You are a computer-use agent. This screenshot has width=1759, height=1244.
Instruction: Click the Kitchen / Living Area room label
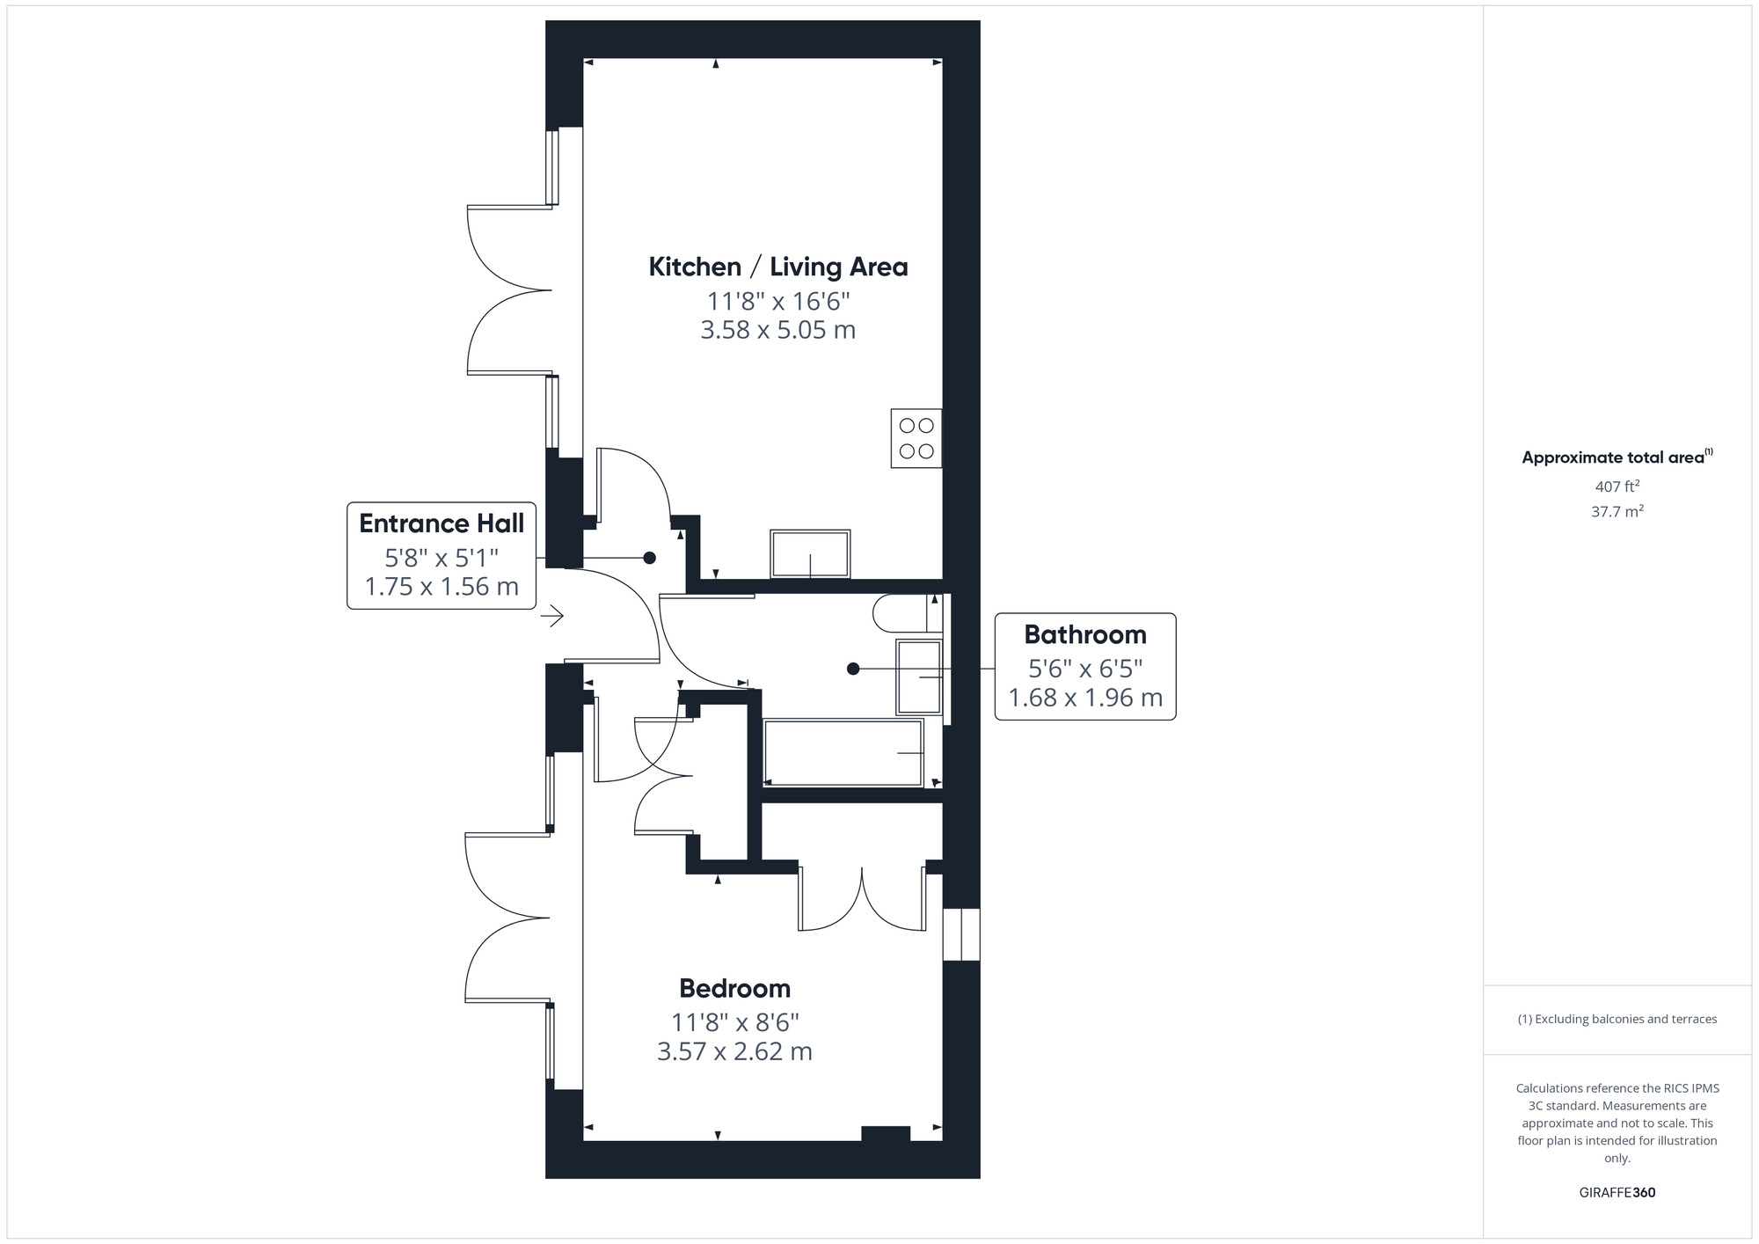click(x=778, y=267)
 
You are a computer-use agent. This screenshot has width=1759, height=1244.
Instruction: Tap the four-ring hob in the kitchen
click(x=916, y=438)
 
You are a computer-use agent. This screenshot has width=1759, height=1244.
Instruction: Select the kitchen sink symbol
click(x=810, y=553)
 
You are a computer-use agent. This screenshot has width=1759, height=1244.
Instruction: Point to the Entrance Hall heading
click(x=442, y=523)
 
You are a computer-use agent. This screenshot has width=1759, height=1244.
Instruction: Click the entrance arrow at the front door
click(x=551, y=616)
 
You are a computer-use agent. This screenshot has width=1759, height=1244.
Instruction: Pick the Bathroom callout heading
click(x=1085, y=634)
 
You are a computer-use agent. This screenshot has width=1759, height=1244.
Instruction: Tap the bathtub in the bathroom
click(x=843, y=753)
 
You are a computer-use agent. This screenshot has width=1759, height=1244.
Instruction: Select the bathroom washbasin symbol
click(x=919, y=677)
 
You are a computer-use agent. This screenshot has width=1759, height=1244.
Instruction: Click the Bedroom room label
click(x=735, y=988)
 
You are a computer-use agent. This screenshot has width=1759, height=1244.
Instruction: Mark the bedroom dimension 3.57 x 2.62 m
click(x=734, y=1051)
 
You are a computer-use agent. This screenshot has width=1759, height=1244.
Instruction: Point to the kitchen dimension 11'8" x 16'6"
click(x=778, y=302)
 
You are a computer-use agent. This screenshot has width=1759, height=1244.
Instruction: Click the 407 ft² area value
click(x=1617, y=486)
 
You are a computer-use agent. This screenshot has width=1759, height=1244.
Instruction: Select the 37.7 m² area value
click(x=1617, y=511)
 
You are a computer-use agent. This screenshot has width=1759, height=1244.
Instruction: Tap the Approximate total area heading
click(x=1617, y=457)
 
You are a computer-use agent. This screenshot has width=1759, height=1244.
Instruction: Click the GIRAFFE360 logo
click(x=1617, y=1193)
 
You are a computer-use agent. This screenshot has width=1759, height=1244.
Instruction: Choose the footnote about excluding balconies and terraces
click(x=1617, y=1019)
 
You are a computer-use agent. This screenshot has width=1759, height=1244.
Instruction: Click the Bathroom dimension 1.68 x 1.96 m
click(x=1085, y=698)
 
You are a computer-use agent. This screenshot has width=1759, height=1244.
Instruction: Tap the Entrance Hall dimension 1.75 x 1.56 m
click(x=442, y=587)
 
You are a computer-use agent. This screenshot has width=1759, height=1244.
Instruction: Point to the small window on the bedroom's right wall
click(x=961, y=934)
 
